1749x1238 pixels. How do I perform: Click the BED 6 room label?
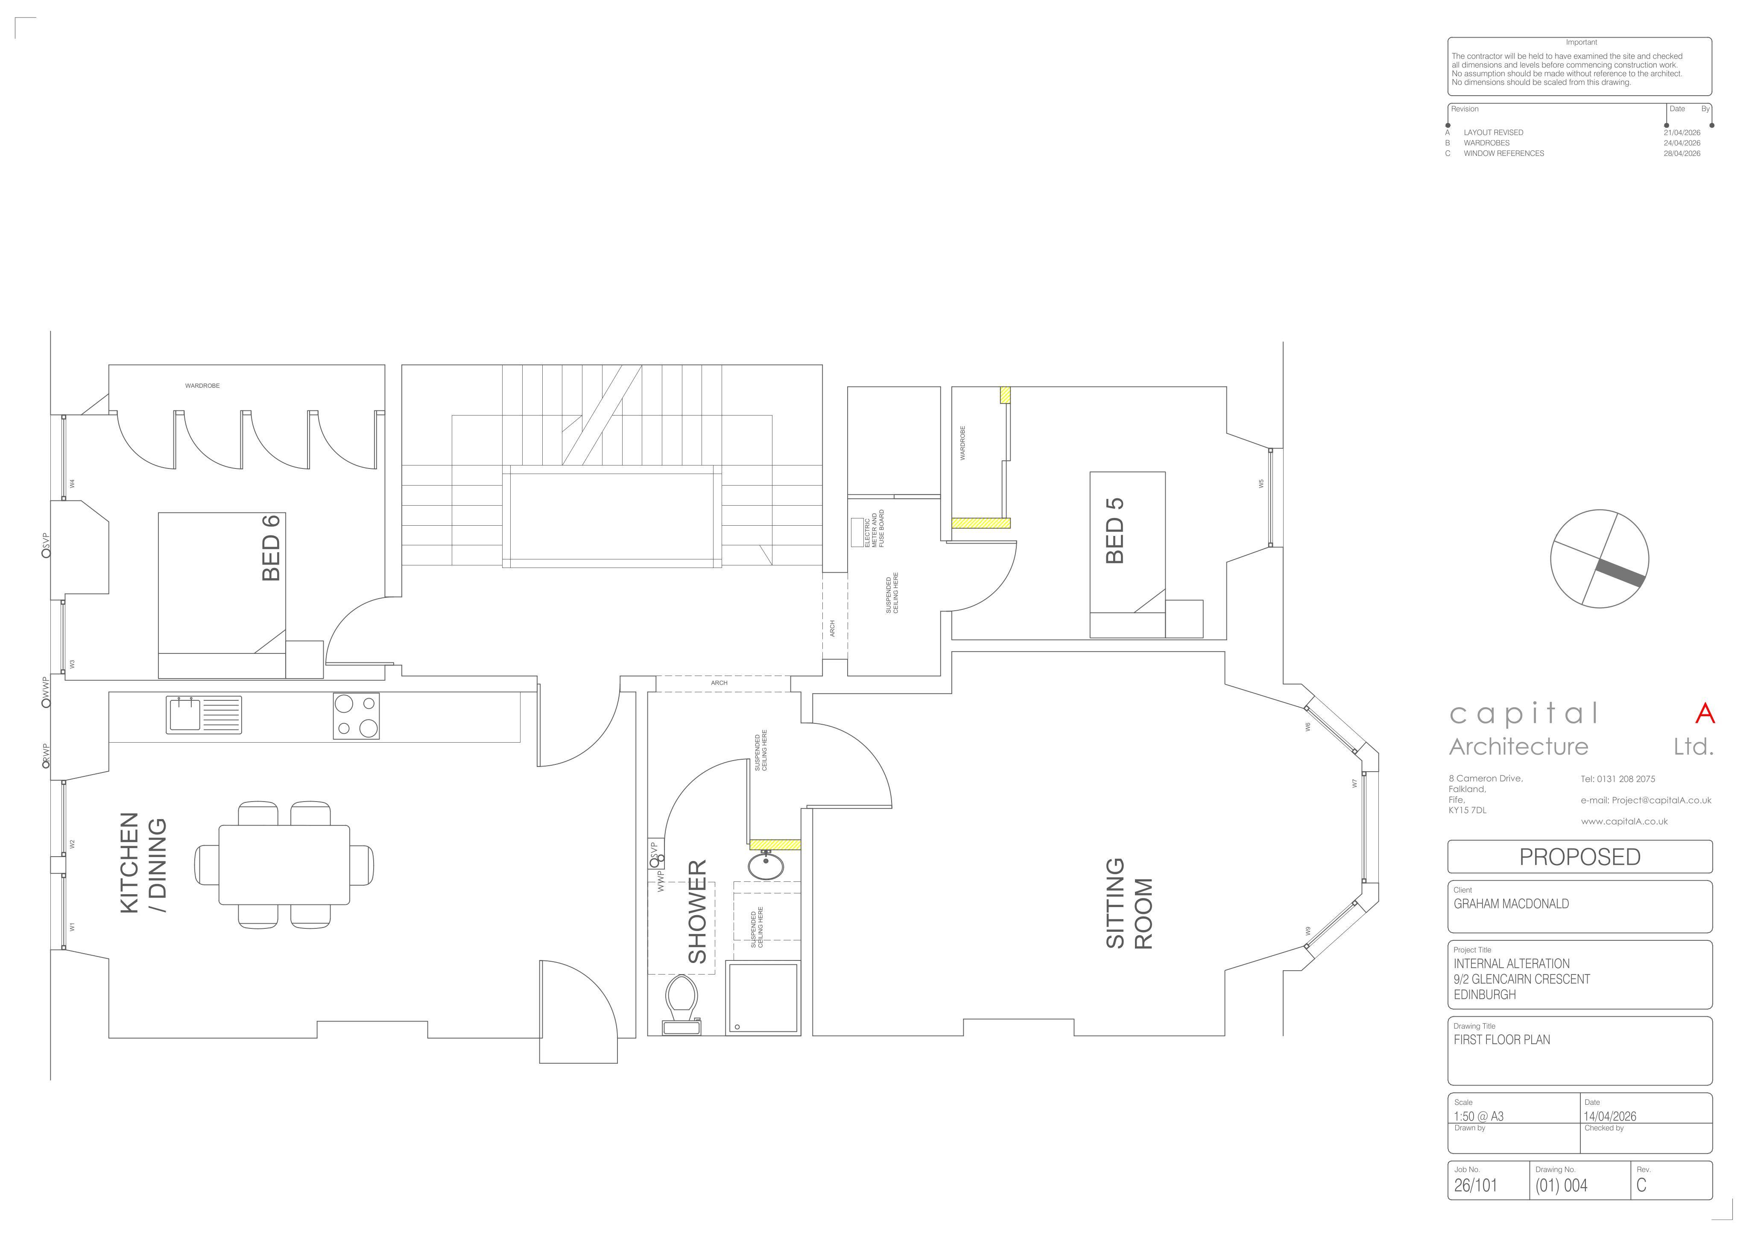(271, 547)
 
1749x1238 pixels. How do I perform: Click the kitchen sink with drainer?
(204, 715)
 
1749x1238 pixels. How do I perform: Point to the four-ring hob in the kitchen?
(356, 716)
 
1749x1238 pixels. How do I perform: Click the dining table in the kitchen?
(284, 864)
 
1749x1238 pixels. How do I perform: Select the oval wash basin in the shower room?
(766, 866)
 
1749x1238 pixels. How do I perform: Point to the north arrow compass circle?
(1600, 559)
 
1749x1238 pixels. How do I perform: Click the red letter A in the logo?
(1705, 714)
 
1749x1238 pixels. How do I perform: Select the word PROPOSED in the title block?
(1580, 857)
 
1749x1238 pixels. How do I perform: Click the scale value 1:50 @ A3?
(1478, 1116)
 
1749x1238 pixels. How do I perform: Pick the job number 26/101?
(1475, 1185)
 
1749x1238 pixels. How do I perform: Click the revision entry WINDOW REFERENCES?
(1503, 153)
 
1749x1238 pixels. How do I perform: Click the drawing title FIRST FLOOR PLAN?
(1501, 1040)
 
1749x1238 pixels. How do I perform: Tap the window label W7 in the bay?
(1354, 783)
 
